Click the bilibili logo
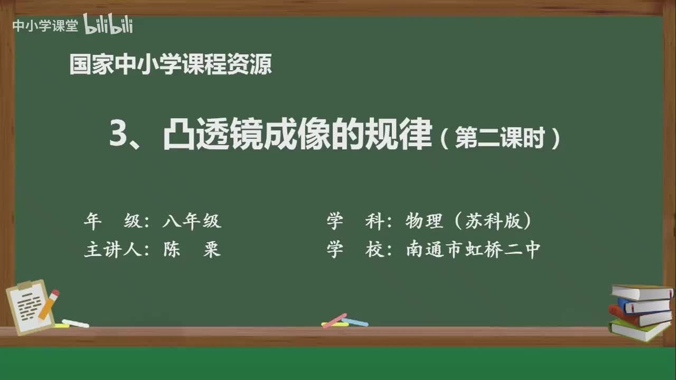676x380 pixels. click(x=108, y=25)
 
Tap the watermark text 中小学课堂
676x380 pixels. click(x=45, y=26)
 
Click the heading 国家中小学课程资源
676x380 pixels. click(x=171, y=65)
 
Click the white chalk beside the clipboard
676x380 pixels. click(x=75, y=323)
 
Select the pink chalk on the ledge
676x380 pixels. click(x=334, y=320)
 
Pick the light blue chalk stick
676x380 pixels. click(x=356, y=322)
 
